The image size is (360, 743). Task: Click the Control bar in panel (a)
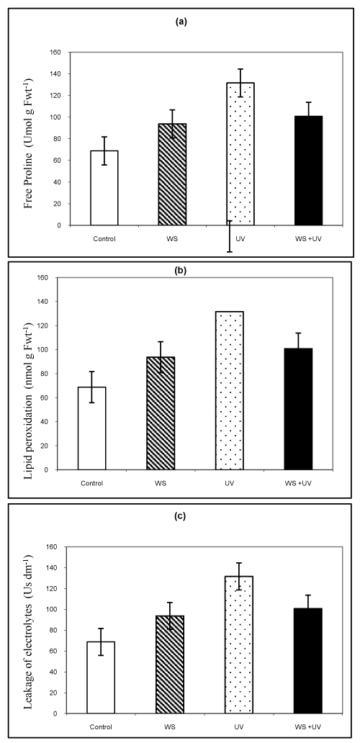click(x=104, y=188)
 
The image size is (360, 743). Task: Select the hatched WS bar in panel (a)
click(x=172, y=174)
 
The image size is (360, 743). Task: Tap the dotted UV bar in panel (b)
click(x=229, y=390)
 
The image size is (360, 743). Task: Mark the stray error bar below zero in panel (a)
click(x=230, y=236)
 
